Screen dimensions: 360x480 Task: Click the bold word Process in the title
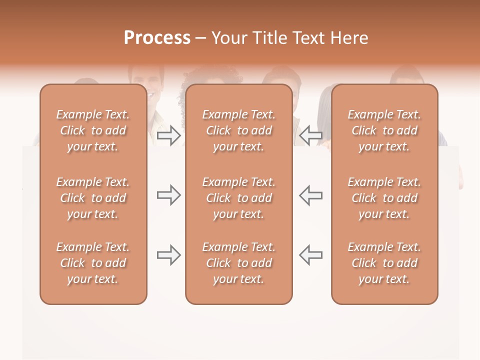[x=157, y=38]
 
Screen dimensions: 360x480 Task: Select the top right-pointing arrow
[x=168, y=135]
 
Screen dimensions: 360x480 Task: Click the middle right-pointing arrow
[x=168, y=194]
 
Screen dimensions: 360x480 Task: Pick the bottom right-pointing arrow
[x=168, y=255]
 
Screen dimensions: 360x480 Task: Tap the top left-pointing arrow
[x=310, y=135]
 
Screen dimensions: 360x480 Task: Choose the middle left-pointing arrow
[x=310, y=194]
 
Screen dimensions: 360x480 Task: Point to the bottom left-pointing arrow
[x=310, y=255]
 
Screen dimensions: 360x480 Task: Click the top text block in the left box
[x=93, y=130]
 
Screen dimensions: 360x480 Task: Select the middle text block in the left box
[x=93, y=198]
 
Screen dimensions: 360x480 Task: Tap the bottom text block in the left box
[x=93, y=263]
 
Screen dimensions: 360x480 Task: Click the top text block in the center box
[x=238, y=130]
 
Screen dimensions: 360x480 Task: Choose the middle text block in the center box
[x=238, y=198]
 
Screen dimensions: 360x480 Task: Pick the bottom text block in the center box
[x=238, y=263]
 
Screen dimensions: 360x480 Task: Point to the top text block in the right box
[x=384, y=130]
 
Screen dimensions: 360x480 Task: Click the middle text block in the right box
[x=384, y=198]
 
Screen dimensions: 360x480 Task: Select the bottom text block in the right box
[x=384, y=263]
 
